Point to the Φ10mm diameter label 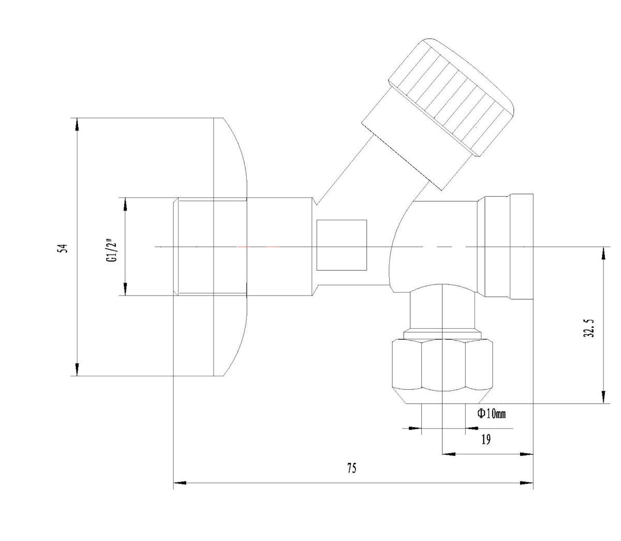pyautogui.click(x=492, y=413)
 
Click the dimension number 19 pyautogui.click(x=485, y=440)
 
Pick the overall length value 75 pyautogui.click(x=351, y=468)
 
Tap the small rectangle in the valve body pyautogui.click(x=342, y=245)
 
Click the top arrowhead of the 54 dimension pyautogui.click(x=77, y=124)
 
